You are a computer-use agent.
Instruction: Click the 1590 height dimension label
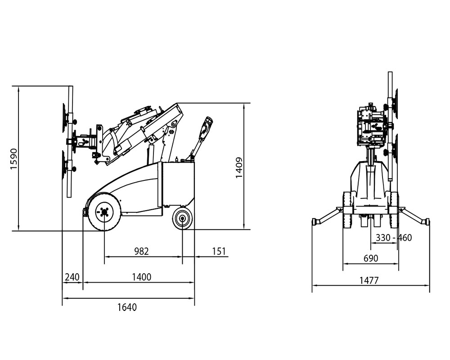(x=14, y=159)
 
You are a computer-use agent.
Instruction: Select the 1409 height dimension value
(x=239, y=168)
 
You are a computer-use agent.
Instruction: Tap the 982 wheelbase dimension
(x=142, y=251)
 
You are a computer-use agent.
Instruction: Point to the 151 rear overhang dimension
(x=219, y=251)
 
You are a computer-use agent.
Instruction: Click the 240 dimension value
(x=72, y=277)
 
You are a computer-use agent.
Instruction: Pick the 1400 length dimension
(x=141, y=277)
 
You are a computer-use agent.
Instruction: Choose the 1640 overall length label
(x=127, y=307)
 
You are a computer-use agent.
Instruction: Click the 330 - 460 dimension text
(x=394, y=238)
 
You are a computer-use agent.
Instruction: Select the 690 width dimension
(x=371, y=258)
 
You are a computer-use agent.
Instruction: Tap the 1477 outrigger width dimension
(x=369, y=280)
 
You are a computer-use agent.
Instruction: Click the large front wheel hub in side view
(x=104, y=212)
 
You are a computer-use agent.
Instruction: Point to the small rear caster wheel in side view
(x=182, y=219)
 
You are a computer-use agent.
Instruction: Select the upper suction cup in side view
(x=65, y=118)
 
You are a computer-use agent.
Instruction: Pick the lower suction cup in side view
(x=64, y=166)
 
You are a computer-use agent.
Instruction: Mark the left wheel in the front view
(x=348, y=211)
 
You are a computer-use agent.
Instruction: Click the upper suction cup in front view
(x=396, y=103)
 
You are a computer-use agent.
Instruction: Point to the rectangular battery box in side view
(x=175, y=184)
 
